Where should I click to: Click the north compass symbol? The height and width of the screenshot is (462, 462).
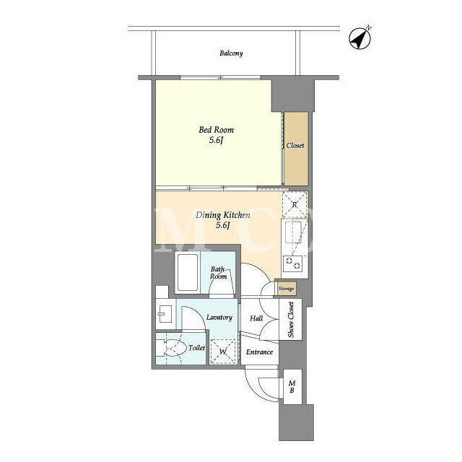point(359,38)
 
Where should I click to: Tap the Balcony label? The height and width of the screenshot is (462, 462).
point(231,53)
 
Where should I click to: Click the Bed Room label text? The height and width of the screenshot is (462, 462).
point(217,130)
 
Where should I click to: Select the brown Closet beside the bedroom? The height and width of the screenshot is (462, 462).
point(296,149)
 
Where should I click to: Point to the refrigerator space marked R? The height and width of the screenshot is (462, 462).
point(295,204)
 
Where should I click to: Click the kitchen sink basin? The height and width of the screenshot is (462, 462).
point(293,232)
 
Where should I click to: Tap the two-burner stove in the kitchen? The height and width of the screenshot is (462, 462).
point(293,263)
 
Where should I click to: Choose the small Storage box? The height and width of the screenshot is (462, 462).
point(286,289)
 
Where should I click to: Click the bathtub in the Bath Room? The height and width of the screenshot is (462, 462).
point(188,272)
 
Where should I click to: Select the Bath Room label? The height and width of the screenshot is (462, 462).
point(219,273)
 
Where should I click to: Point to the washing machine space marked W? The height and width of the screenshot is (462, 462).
point(223,352)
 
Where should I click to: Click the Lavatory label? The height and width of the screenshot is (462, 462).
point(219,318)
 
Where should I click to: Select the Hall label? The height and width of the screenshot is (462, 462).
point(256,318)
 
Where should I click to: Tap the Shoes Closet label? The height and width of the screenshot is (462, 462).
point(291,320)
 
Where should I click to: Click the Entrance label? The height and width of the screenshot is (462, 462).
point(259,352)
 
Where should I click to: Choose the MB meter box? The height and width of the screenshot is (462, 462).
point(292,387)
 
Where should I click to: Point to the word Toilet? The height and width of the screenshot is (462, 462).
point(196,348)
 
